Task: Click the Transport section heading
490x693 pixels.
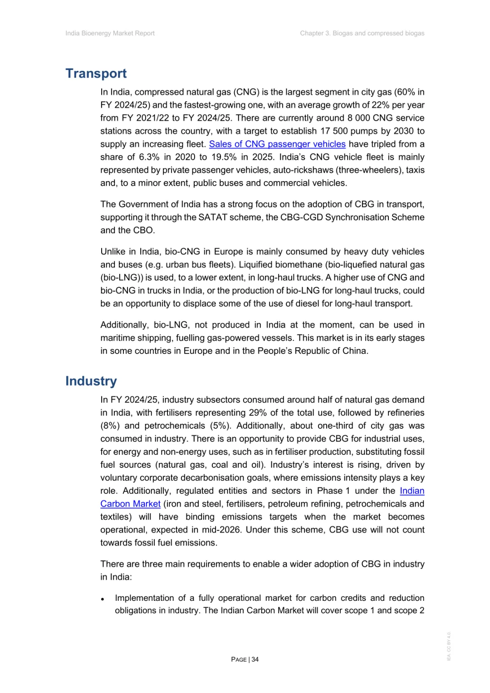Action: point(96,74)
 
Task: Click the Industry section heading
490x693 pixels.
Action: point(91,381)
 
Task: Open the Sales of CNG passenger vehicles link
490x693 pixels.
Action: point(277,144)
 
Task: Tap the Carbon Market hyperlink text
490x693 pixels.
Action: point(130,504)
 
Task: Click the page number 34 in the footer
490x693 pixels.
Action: point(255,659)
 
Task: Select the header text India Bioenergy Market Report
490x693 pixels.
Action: point(110,33)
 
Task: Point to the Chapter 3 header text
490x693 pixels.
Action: point(362,33)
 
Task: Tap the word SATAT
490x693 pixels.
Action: point(212,217)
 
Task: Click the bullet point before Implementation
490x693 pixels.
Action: point(103,599)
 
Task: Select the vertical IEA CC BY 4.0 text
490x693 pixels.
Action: point(449,646)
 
